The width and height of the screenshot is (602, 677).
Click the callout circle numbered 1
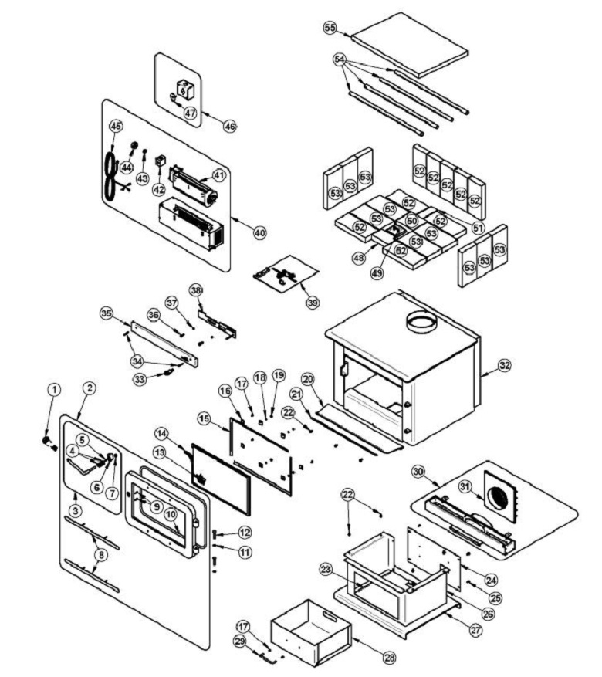[53, 390]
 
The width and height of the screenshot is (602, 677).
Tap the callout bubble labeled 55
[330, 28]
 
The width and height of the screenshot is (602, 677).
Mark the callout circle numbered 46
[229, 124]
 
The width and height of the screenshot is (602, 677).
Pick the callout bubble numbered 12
[245, 532]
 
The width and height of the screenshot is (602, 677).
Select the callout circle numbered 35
[107, 313]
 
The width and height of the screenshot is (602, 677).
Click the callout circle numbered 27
[475, 630]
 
